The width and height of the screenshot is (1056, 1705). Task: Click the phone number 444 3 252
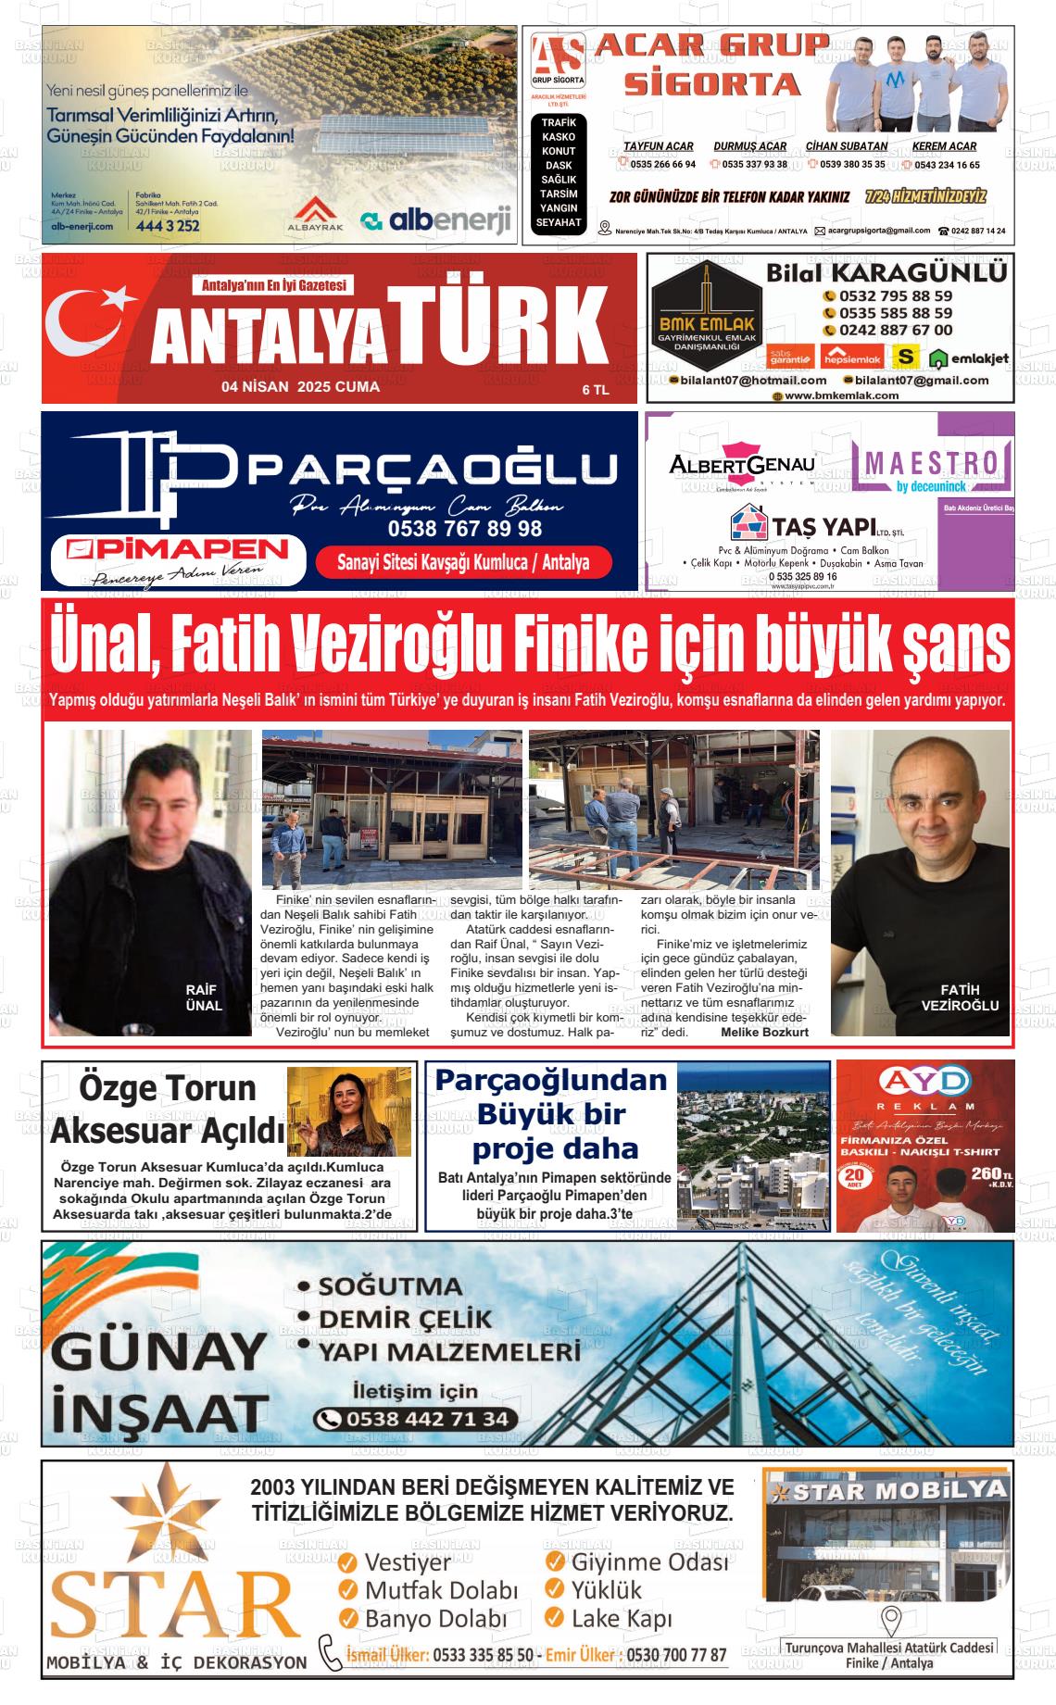point(167,225)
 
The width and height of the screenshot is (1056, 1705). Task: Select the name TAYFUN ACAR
point(658,146)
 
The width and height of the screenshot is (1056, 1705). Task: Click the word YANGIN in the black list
point(559,208)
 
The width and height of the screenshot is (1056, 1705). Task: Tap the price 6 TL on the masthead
point(595,390)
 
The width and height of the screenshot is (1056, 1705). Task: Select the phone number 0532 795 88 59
point(896,296)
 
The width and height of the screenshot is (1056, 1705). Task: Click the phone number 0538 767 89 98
point(466,529)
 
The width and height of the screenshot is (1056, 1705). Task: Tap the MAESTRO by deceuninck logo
point(931,468)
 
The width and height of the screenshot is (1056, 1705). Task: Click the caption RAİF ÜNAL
point(204,997)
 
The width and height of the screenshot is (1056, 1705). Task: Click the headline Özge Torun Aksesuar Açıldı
point(168,1110)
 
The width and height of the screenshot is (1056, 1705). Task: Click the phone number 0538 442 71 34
point(415,1419)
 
